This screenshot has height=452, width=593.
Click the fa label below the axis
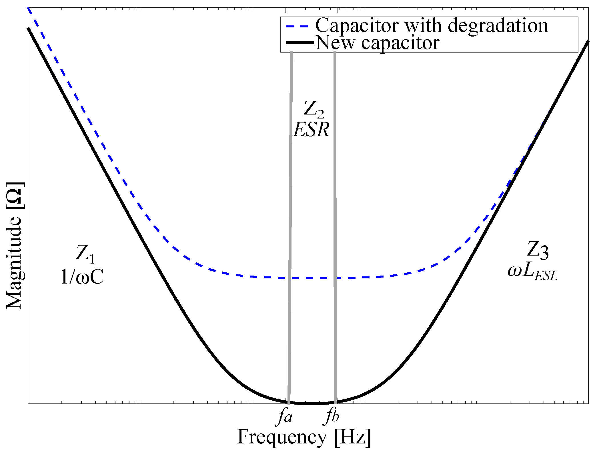tap(285, 417)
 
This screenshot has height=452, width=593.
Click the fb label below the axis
tap(332, 417)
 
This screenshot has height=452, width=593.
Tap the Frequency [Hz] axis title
tap(304, 437)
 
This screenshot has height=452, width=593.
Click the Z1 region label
tap(85, 254)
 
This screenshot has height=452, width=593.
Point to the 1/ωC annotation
tap(82, 277)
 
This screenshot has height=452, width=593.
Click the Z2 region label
tap(314, 109)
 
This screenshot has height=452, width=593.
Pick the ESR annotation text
tap(312, 130)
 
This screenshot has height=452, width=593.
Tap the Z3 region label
tap(538, 250)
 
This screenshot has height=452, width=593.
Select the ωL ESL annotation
tap(532, 272)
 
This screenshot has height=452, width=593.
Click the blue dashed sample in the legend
tap(298, 26)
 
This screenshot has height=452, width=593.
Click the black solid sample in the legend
tap(300, 43)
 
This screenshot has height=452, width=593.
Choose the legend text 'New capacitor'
tap(377, 43)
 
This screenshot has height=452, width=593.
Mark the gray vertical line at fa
tap(290, 200)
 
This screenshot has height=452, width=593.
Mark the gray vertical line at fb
tap(335, 200)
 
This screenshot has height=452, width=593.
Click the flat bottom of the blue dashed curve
tap(313, 278)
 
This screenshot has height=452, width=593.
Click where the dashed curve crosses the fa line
tap(289, 278)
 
